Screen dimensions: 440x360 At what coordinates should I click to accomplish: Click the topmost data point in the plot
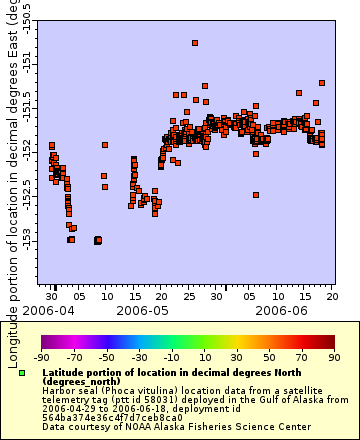pyautogui.click(x=195, y=43)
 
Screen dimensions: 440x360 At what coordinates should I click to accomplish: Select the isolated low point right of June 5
pyautogui.click(x=256, y=195)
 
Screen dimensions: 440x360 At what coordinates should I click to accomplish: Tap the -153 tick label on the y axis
pyautogui.click(x=26, y=242)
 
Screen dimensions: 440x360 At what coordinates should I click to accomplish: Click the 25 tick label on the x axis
pyautogui.click(x=188, y=296)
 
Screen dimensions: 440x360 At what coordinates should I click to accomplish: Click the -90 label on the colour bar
pyautogui.click(x=41, y=356)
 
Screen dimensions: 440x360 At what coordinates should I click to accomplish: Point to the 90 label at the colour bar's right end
pyautogui.click(x=333, y=356)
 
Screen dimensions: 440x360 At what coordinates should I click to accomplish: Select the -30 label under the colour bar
pyautogui.click(x=138, y=356)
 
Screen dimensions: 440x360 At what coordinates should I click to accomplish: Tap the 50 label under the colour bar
pyautogui.click(x=268, y=356)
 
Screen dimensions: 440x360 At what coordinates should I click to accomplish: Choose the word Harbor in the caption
pyautogui.click(x=59, y=390)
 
